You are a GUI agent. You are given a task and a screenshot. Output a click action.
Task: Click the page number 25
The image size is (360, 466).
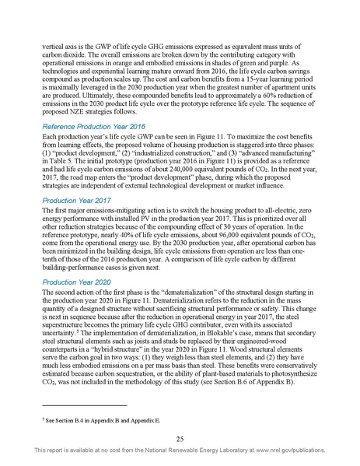180,438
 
